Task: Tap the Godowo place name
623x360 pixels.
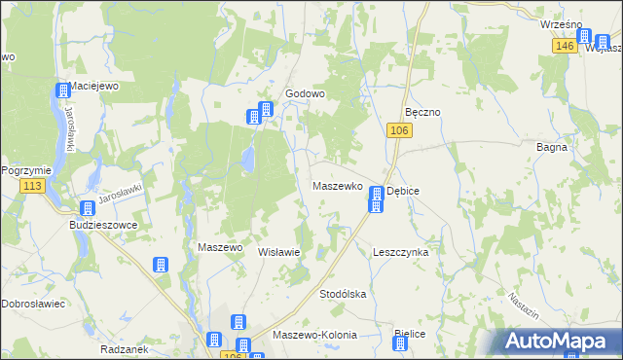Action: (304, 94)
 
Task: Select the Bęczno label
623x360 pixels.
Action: (423, 112)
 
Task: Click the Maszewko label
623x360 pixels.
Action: (337, 185)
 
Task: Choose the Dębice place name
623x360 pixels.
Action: (403, 192)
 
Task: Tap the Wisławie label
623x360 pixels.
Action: (277, 251)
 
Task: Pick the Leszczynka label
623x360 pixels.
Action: (401, 251)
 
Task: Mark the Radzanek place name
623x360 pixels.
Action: (123, 347)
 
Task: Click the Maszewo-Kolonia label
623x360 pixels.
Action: (315, 335)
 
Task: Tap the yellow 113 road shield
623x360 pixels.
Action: (33, 187)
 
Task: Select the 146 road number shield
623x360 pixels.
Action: (563, 46)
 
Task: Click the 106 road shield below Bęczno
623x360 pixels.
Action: (396, 130)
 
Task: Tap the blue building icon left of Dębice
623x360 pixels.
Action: (376, 199)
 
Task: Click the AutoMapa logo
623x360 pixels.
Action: (556, 341)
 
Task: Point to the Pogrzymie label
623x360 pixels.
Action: (18, 168)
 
